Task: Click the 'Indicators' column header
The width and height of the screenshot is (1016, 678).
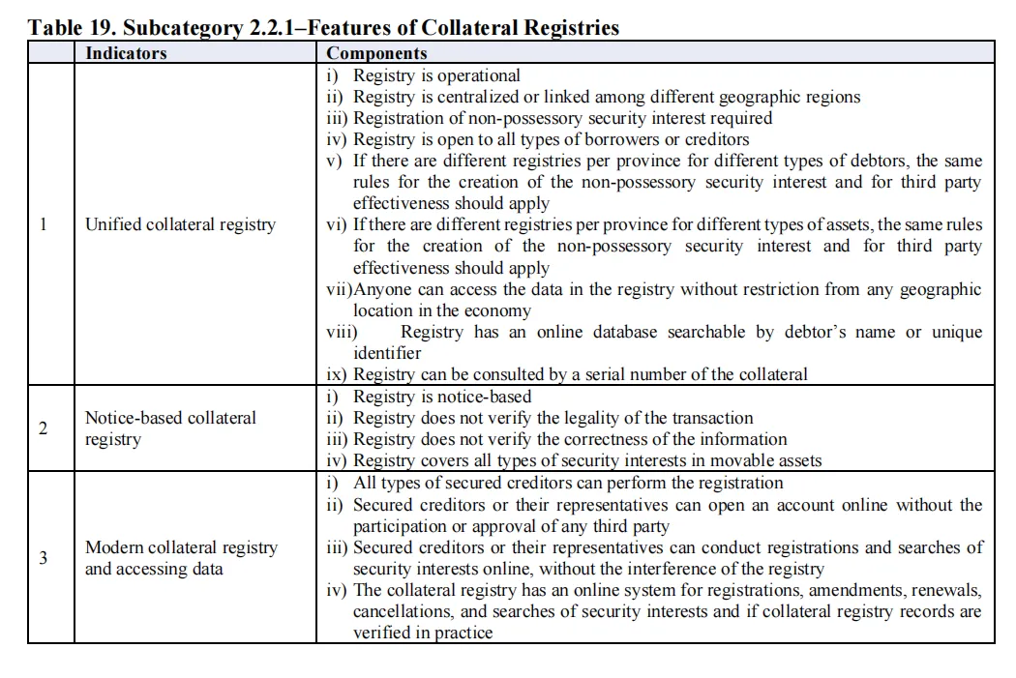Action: pyautogui.click(x=126, y=53)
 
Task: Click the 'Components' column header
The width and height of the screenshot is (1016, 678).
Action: pyautogui.click(x=376, y=53)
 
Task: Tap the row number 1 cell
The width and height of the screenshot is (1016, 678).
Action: pyautogui.click(x=43, y=224)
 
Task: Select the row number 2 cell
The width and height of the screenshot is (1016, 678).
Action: pyautogui.click(x=43, y=428)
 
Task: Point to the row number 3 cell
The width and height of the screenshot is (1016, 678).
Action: pyautogui.click(x=43, y=558)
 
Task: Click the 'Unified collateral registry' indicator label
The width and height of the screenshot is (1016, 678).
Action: pyautogui.click(x=180, y=224)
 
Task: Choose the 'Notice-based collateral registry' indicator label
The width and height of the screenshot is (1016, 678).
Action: pyautogui.click(x=170, y=428)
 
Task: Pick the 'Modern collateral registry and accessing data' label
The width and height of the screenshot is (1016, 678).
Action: pyautogui.click(x=181, y=558)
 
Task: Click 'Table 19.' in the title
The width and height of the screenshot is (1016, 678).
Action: pyautogui.click(x=72, y=27)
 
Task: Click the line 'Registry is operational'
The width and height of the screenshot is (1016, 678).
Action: pyautogui.click(x=436, y=75)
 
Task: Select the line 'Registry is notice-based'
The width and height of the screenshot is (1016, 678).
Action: pyautogui.click(x=442, y=397)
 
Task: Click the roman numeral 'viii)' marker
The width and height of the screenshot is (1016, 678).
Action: pyautogui.click(x=342, y=332)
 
